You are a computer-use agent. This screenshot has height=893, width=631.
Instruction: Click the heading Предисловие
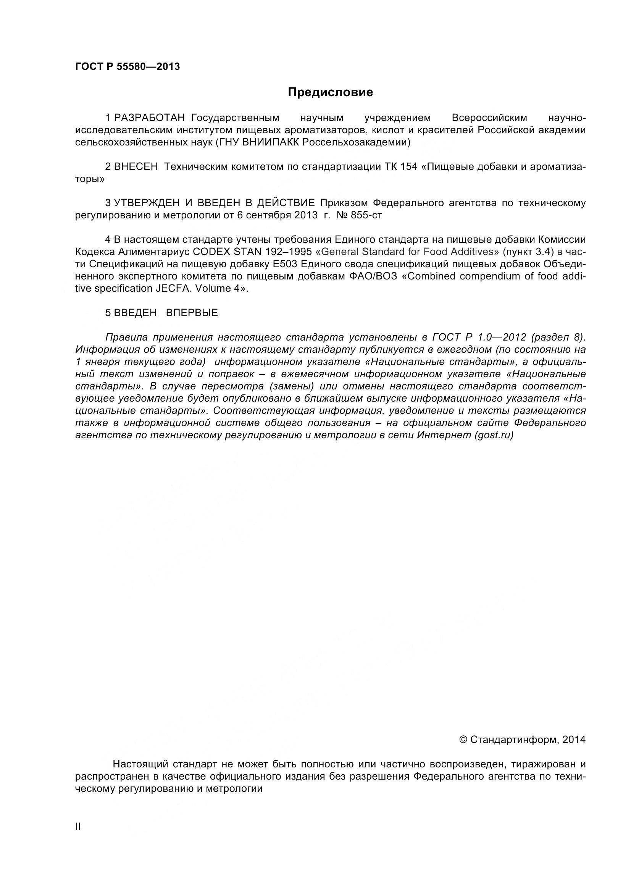(330, 92)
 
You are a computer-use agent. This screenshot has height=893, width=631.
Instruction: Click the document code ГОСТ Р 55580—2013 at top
(127, 67)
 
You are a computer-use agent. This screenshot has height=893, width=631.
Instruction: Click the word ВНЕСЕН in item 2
(136, 167)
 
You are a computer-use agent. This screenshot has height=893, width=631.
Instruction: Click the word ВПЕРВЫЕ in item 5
(192, 313)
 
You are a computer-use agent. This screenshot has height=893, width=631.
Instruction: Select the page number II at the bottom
(78, 838)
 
